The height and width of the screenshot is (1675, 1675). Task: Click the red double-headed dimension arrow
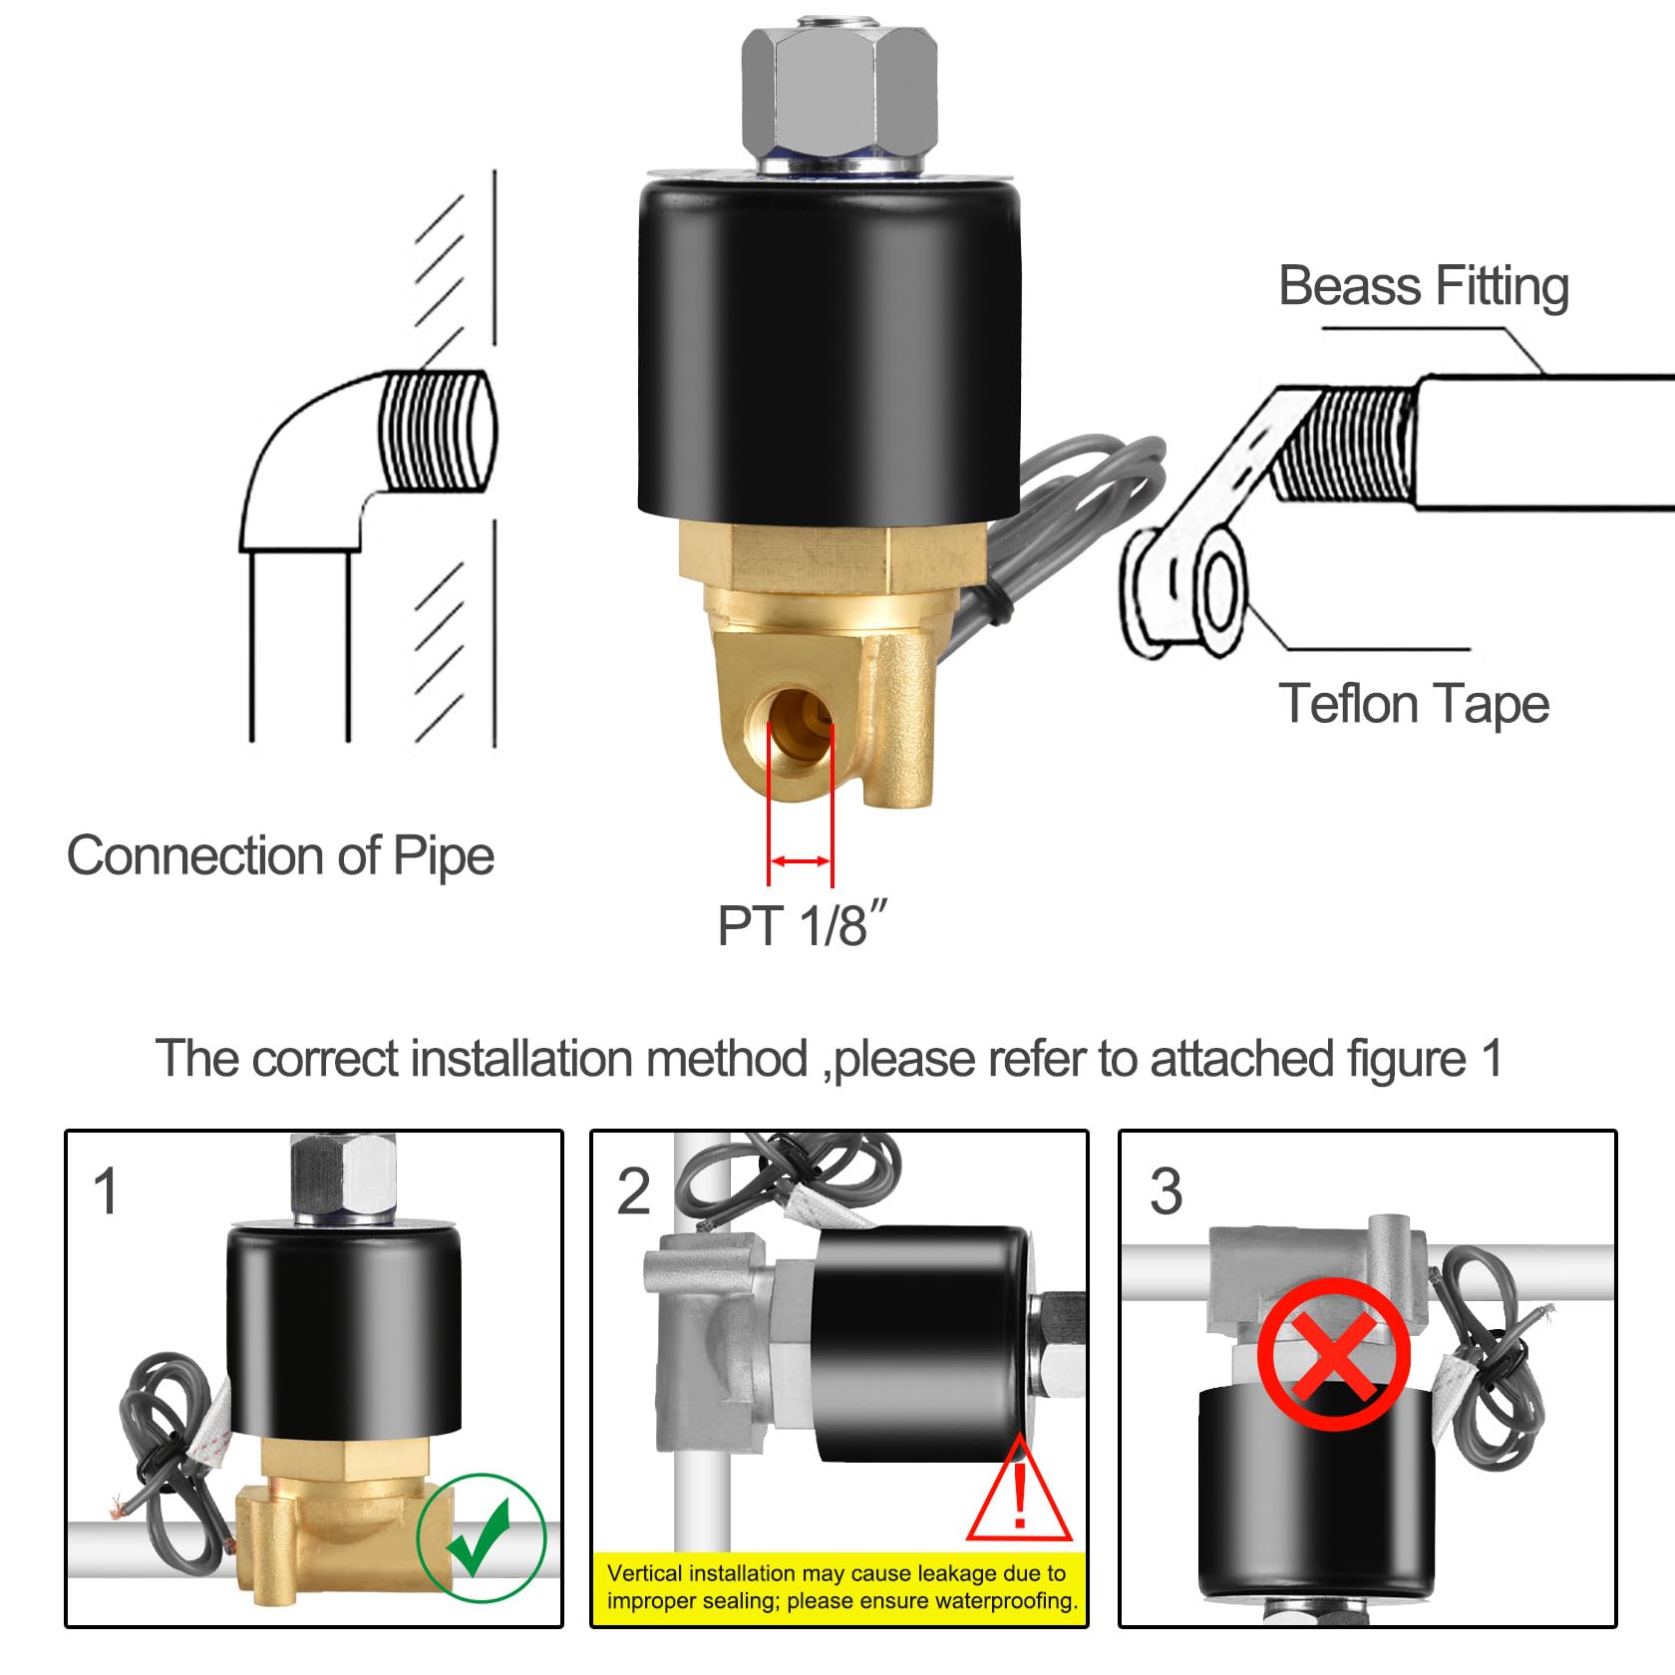pos(801,860)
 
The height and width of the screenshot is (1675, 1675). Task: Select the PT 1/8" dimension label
pos(801,926)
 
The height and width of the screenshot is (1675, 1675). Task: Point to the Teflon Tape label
pos(1413,704)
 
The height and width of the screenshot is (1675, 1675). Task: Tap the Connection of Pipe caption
pos(280,855)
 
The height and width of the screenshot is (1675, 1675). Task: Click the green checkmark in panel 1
pos(482,1536)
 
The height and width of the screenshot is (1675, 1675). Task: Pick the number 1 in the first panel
pos(106,1191)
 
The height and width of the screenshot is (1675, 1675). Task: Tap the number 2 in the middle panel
pos(634,1191)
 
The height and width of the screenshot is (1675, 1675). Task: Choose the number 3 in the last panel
pos(1166,1191)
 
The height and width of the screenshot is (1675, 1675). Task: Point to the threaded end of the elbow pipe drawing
pos(437,431)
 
